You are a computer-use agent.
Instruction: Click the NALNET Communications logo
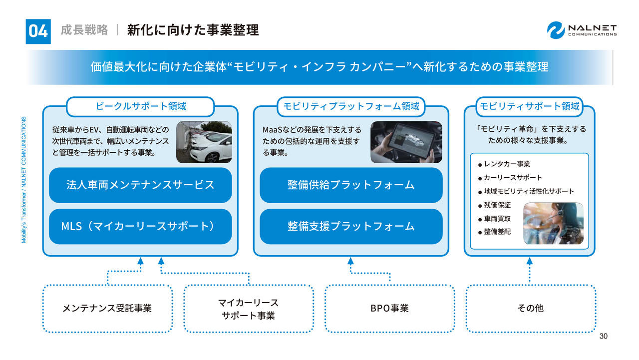pyautogui.click(x=582, y=30)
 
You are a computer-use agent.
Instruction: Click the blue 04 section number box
pyautogui.click(x=38, y=31)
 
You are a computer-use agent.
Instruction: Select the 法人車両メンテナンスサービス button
pyautogui.click(x=140, y=185)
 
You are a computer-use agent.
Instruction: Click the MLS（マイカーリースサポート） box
pyautogui.click(x=140, y=226)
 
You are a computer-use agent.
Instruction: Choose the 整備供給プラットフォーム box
pyautogui.click(x=351, y=185)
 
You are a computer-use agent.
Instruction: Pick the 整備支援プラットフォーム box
pyautogui.click(x=351, y=226)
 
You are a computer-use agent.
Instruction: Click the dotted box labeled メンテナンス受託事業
pyautogui.click(x=107, y=308)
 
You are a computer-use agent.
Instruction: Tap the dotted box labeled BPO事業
pyautogui.click(x=390, y=308)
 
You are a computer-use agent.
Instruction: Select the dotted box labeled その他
pyautogui.click(x=531, y=308)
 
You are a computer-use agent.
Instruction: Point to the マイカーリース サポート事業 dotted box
pyautogui.click(x=249, y=309)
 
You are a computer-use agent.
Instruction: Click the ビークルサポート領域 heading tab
pyautogui.click(x=140, y=106)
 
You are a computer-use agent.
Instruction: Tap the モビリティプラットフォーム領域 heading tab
pyautogui.click(x=351, y=106)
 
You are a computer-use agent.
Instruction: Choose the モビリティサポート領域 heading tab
pyautogui.click(x=530, y=106)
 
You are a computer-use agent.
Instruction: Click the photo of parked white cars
pyautogui.click(x=204, y=142)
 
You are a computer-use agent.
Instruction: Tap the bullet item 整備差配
pyautogui.click(x=497, y=232)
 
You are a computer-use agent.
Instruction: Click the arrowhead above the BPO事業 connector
pyautogui.click(x=350, y=261)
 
